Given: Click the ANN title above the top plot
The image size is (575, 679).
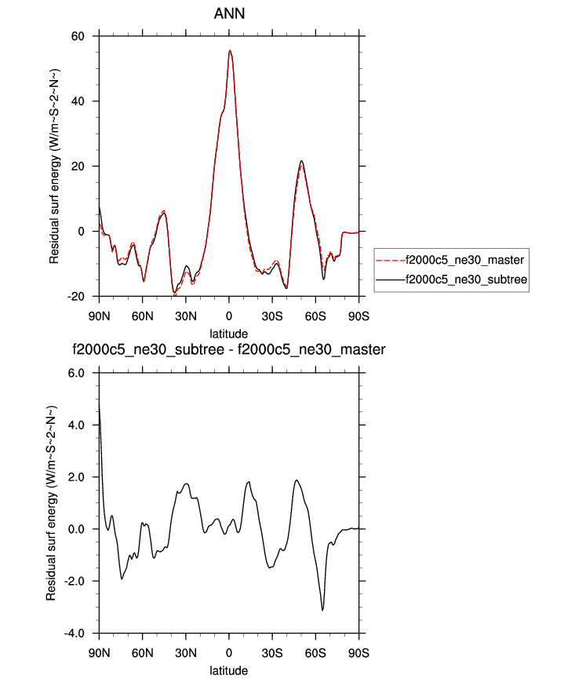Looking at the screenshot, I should pos(228,14).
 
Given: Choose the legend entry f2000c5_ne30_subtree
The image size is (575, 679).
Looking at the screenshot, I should pos(463,279).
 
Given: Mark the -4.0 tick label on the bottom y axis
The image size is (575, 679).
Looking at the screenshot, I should pos(78,633).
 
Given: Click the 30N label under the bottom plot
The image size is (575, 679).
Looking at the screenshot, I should pos(185,652).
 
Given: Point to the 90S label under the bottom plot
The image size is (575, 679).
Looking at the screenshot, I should pos(358,652).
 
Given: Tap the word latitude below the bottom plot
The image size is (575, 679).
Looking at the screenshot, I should pos(228,670).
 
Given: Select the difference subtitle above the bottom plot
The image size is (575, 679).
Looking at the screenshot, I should pos(228,349).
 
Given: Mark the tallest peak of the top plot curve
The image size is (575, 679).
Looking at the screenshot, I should pos(230,50).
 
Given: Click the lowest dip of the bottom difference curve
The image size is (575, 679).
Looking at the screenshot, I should pos(322,610).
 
